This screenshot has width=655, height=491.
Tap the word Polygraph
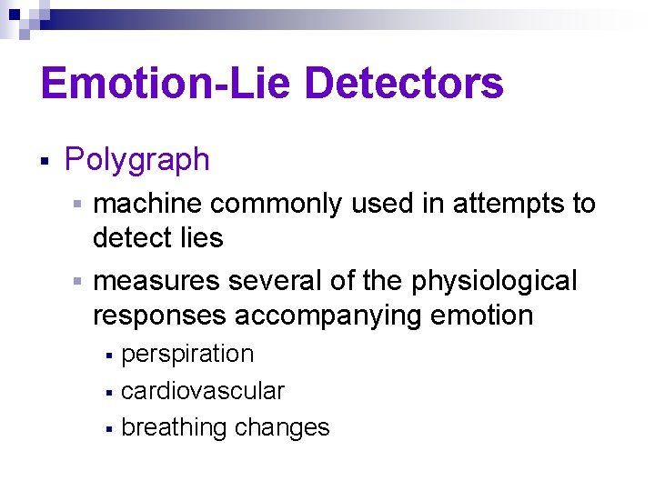(137, 161)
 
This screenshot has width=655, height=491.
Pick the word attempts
(510, 204)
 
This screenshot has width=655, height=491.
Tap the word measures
(156, 282)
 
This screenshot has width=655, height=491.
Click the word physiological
(494, 282)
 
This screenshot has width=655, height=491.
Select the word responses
(159, 316)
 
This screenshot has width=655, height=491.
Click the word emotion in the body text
(487, 316)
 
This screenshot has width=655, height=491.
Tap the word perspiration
(187, 354)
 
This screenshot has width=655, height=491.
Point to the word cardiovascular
(203, 391)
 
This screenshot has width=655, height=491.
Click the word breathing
(174, 427)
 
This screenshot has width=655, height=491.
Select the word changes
(282, 427)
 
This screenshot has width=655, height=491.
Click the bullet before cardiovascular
(109, 393)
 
